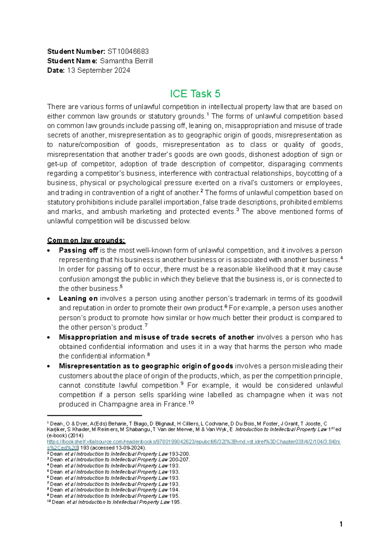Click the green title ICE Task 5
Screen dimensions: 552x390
pyautogui.click(x=195, y=94)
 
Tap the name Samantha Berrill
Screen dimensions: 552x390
pyautogui.click(x=126, y=61)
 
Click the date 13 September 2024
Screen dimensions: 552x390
pyautogui.click(x=98, y=70)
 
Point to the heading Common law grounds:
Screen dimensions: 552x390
pyautogui.click(x=86, y=241)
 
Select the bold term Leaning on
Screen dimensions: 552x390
pyautogui.click(x=78, y=298)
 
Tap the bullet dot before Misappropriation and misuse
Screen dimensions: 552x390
pyautogui.click(x=49, y=337)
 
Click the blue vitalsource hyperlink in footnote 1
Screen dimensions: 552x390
pyautogui.click(x=194, y=442)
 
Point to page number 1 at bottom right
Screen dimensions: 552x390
pyautogui.click(x=341, y=524)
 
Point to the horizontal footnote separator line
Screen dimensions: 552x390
pyautogui.click(x=95, y=415)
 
